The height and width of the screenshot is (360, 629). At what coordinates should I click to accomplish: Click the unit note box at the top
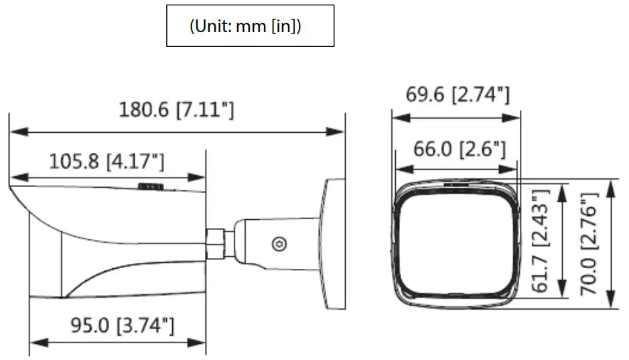[x=250, y=26]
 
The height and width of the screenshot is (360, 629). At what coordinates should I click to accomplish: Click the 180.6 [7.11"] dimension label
[x=176, y=109]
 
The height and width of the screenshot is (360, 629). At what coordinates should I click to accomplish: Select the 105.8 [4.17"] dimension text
[x=107, y=161]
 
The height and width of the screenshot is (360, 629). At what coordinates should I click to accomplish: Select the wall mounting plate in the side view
[x=334, y=243]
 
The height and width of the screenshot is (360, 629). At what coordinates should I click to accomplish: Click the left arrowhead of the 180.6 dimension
[x=13, y=131]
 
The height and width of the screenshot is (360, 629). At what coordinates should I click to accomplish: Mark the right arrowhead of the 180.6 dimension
[x=340, y=131]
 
